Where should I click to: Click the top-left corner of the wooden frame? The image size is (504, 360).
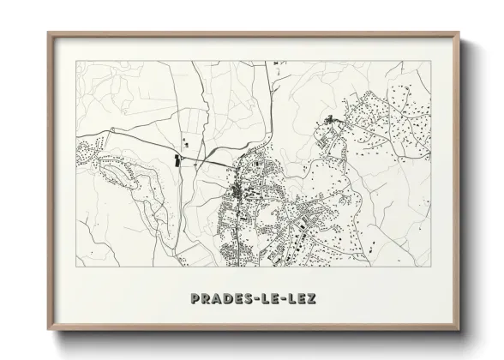point(48,33)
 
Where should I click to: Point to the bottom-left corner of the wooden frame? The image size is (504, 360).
point(48,332)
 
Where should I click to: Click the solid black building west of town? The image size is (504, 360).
point(177,160)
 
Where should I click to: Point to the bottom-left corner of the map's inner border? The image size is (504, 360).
point(75,267)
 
